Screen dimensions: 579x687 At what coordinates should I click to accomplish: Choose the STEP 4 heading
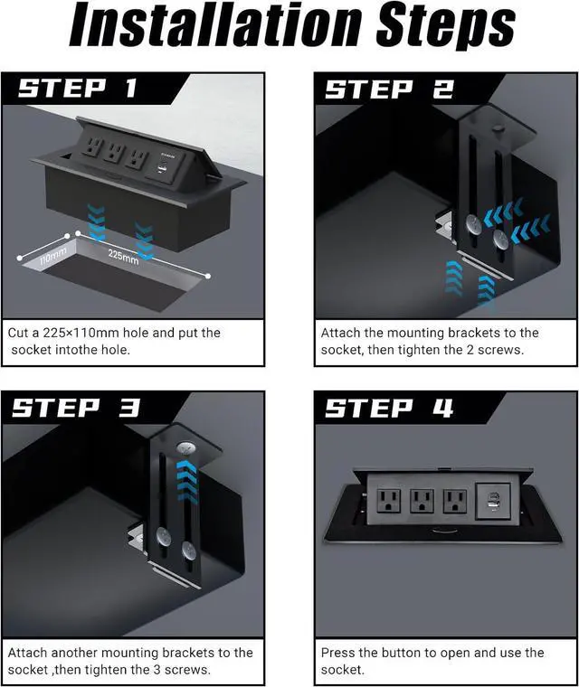pyautogui.click(x=389, y=408)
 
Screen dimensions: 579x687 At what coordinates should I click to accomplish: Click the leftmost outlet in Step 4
pyautogui.click(x=389, y=500)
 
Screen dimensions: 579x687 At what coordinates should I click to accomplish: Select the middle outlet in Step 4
pyautogui.click(x=422, y=500)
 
